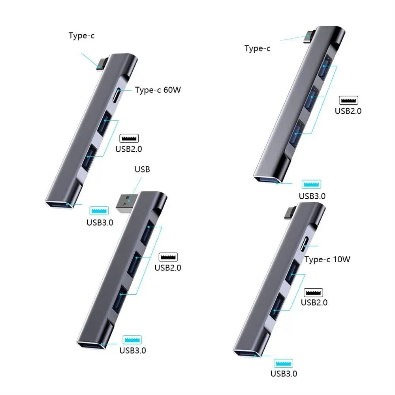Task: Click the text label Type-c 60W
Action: [x=158, y=90]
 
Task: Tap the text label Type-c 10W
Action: [x=327, y=260]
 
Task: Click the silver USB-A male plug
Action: [x=127, y=202]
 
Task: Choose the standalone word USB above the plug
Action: [x=142, y=170]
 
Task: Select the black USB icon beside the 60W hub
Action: [x=129, y=139]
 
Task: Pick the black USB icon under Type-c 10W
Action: [x=313, y=293]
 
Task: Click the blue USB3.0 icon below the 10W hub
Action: [x=283, y=363]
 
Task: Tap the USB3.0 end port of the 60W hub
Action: [x=59, y=205]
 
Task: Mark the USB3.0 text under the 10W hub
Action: [x=284, y=374]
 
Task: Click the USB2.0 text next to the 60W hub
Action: [x=128, y=149]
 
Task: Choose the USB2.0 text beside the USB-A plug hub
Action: [x=168, y=267]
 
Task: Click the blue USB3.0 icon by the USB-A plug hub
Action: [x=132, y=340]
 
